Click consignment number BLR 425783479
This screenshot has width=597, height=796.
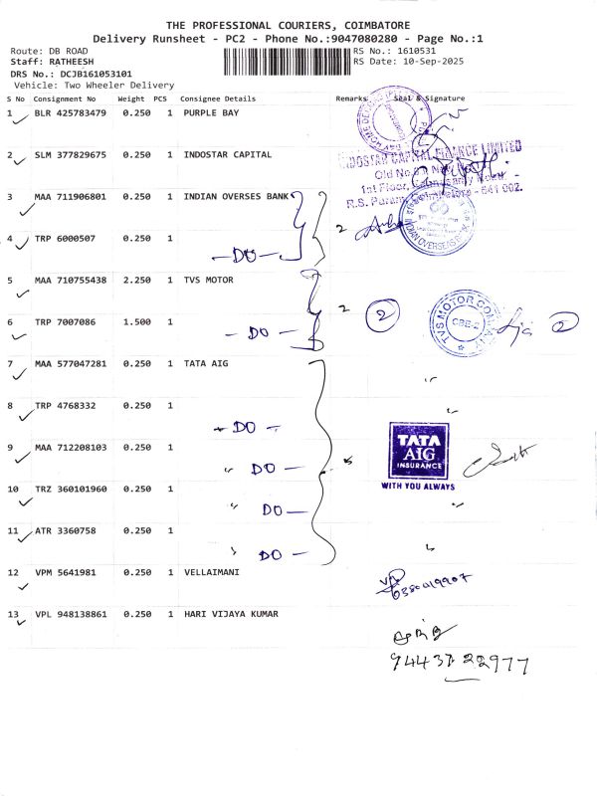click(x=71, y=113)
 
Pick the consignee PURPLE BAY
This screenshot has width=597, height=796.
click(x=211, y=113)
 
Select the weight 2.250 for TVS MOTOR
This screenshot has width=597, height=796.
click(x=136, y=281)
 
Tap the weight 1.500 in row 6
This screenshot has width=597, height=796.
click(x=136, y=322)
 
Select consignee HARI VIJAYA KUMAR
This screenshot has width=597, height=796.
click(x=231, y=614)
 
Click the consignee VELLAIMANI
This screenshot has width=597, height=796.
click(x=212, y=572)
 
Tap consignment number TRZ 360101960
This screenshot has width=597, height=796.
click(x=71, y=490)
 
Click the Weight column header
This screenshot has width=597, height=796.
click(x=131, y=99)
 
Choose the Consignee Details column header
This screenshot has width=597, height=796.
click(x=218, y=99)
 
